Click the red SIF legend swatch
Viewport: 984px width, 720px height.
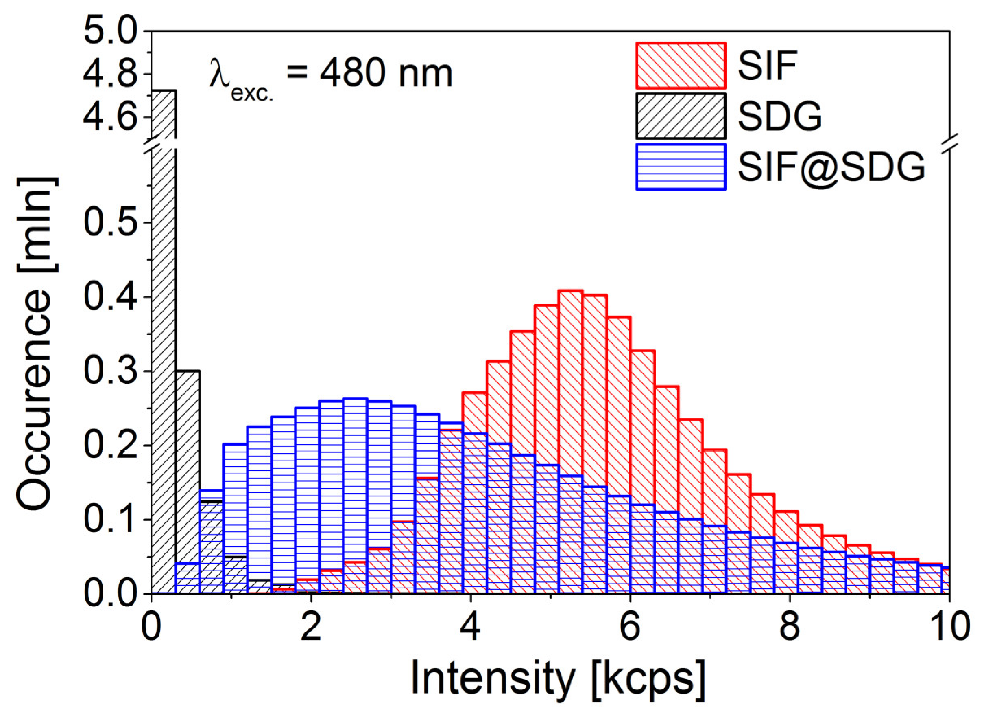pyautogui.click(x=681, y=66)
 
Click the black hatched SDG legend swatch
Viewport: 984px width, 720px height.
pyautogui.click(x=681, y=116)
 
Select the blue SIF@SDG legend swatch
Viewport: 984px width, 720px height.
pyautogui.click(x=681, y=167)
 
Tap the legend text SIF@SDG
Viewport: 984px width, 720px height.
pyautogui.click(x=831, y=167)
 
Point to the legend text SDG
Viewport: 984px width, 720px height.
pyautogui.click(x=780, y=116)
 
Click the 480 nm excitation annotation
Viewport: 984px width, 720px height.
pyautogui.click(x=331, y=75)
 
